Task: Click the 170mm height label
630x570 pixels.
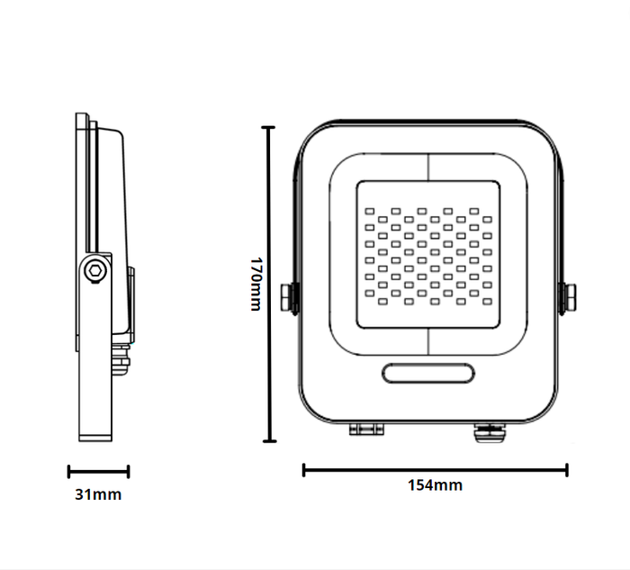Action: pos(255,285)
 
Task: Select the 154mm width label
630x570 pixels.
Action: pos(435,485)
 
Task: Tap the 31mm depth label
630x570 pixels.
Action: pos(98,494)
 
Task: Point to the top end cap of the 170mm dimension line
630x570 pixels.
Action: pos(267,128)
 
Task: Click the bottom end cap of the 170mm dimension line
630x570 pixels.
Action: pos(267,442)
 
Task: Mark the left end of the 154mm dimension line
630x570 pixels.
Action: pos(304,469)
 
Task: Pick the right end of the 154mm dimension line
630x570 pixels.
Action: pos(566,469)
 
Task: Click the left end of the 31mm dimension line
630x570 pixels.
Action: pos(69,471)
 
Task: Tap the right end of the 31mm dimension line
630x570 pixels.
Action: pos(128,471)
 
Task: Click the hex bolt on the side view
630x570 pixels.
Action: pos(94,270)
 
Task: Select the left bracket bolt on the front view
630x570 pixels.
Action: pos(290,298)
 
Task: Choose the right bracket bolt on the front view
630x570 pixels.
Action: pos(570,298)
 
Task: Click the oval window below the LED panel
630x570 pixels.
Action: pos(427,373)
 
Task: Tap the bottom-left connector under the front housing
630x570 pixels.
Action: pos(367,430)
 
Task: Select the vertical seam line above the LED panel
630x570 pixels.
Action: pos(427,167)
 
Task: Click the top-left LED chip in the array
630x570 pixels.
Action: pos(369,209)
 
